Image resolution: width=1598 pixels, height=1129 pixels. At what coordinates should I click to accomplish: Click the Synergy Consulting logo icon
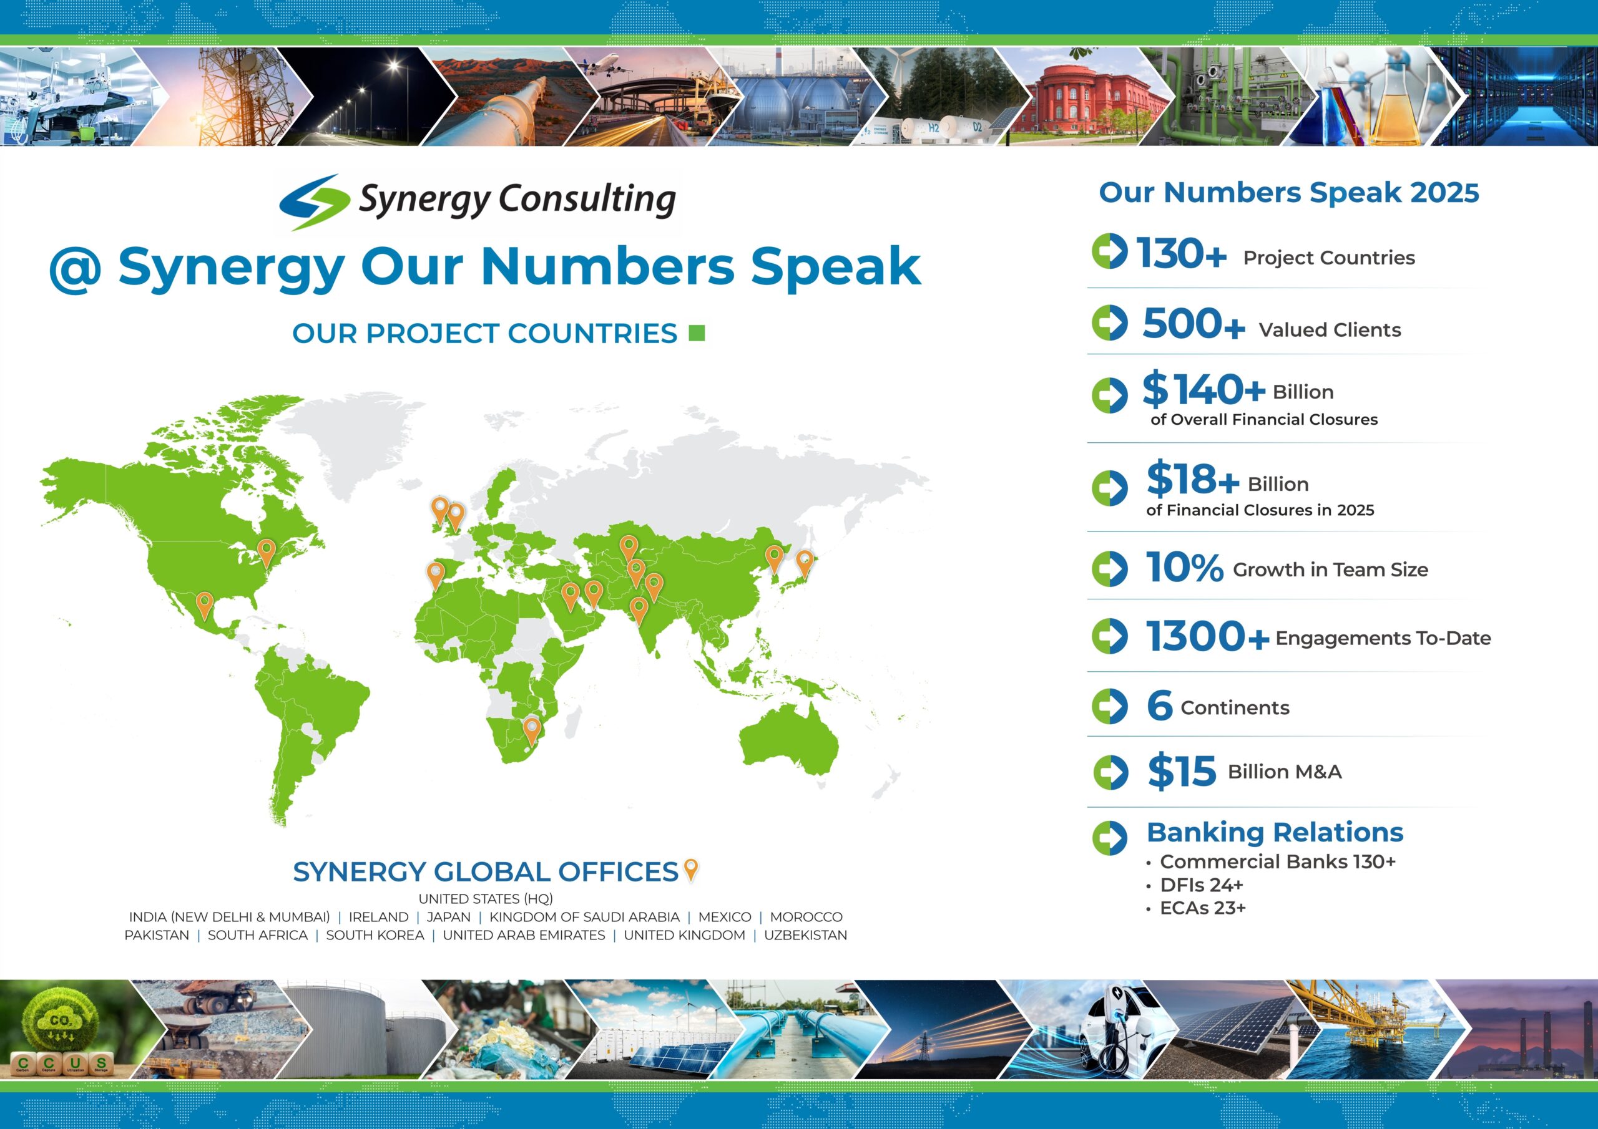pos(314,201)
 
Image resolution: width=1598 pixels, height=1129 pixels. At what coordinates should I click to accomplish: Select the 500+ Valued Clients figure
pos(1194,324)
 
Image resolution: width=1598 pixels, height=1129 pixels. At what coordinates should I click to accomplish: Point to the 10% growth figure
pos(1185,567)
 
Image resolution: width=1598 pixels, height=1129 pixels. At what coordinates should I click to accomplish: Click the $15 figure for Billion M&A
pos(1182,771)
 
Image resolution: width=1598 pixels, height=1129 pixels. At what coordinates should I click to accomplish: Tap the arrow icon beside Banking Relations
pos(1109,838)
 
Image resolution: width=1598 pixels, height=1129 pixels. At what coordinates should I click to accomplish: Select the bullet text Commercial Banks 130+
pos(1277,861)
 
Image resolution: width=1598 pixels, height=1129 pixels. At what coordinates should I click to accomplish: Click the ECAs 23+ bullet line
pos(1202,908)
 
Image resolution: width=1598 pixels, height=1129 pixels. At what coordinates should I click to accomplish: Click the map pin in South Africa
pos(532,730)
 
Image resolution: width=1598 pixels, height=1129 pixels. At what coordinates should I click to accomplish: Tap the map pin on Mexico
pos(204,604)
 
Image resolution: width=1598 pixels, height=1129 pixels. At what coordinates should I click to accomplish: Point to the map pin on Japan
pos(804,562)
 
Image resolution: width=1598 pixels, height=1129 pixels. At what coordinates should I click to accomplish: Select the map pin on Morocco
pos(435,575)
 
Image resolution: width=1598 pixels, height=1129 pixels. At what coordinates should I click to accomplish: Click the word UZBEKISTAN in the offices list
pos(805,935)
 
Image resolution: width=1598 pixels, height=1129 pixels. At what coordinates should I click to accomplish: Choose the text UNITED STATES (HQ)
pos(485,899)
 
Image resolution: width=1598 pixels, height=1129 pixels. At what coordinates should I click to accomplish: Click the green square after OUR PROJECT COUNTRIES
pos(697,333)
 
